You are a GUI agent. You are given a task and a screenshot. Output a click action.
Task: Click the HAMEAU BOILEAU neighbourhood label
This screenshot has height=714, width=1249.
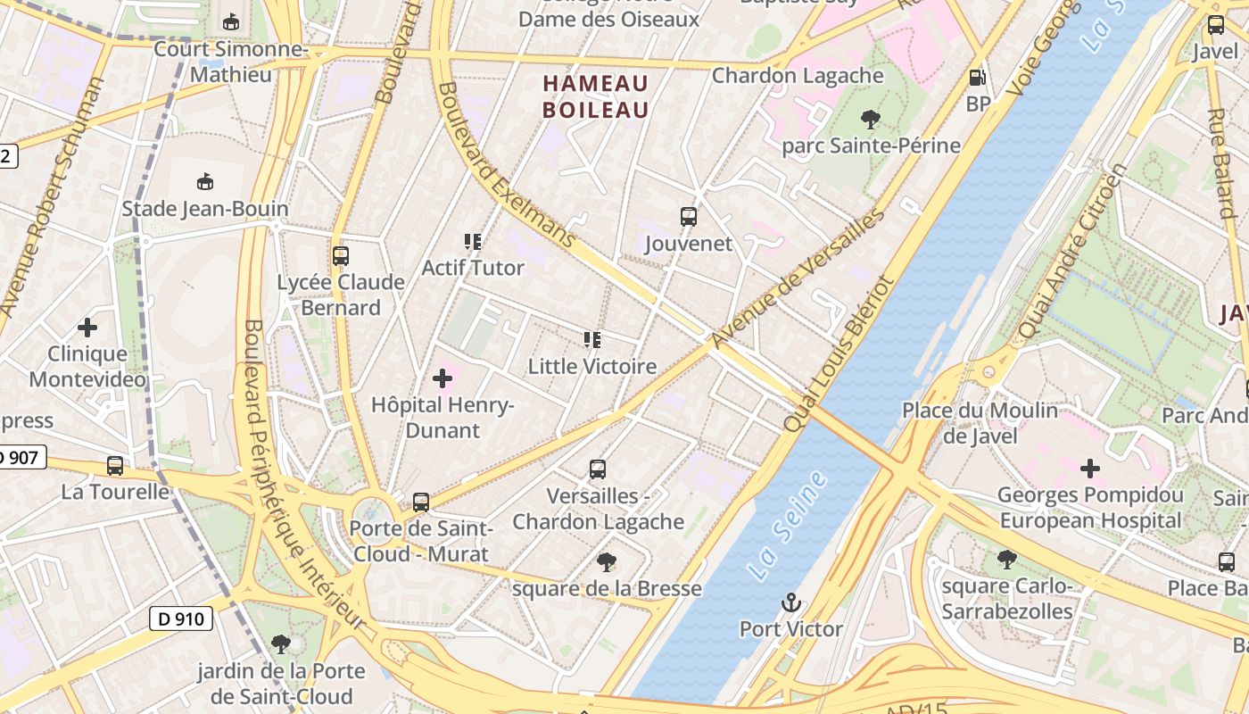point(596,96)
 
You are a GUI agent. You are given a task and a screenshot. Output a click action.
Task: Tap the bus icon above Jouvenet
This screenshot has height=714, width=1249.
point(688,217)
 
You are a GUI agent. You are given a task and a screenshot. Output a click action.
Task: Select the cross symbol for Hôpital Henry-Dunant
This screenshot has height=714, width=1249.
point(443,378)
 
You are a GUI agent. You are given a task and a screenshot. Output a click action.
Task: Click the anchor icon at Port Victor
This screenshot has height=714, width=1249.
point(790,603)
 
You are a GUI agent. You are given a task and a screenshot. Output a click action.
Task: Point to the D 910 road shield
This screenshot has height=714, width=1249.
point(181,618)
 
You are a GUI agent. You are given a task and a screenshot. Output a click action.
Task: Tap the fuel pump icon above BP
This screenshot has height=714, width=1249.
point(978,78)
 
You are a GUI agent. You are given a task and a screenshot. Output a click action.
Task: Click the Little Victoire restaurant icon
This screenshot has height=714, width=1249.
point(592,340)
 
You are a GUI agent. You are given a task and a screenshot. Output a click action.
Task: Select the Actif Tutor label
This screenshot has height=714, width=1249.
point(473,268)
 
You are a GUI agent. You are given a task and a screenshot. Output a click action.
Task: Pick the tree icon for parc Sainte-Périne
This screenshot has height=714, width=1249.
point(871,120)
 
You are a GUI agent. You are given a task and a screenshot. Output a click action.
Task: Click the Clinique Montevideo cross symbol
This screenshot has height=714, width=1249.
point(87,328)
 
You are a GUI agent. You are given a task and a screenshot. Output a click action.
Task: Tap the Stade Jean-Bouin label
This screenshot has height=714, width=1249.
point(205,209)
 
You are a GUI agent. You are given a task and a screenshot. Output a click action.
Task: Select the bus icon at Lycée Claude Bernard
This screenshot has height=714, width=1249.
point(340,256)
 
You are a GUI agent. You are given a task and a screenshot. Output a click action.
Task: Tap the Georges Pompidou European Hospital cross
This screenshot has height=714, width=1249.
point(1089,468)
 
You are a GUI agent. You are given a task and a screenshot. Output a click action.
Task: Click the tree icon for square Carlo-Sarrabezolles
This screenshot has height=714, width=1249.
point(1007,560)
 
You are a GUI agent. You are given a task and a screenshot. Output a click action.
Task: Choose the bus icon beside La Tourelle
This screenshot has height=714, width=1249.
point(115,465)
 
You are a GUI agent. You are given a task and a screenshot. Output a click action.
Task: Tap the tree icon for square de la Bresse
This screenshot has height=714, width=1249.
point(607,562)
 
